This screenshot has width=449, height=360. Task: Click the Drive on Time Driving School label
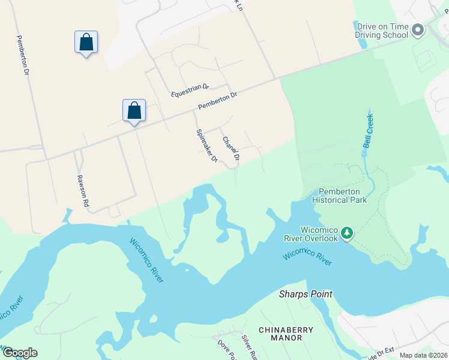pyautogui.click(x=382, y=31)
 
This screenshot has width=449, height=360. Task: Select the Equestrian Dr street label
pyautogui.click(x=189, y=90)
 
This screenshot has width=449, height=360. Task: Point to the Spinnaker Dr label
pyautogui.click(x=206, y=146)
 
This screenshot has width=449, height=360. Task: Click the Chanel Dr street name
pyautogui.click(x=231, y=149)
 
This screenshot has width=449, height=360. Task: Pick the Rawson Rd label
pyautogui.click(x=82, y=191)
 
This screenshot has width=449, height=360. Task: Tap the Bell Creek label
pyautogui.click(x=368, y=131)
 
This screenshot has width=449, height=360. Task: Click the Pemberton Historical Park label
pyautogui.click(x=340, y=196)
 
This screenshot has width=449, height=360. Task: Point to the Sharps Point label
pyautogui.click(x=306, y=294)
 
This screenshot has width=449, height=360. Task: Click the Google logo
pyautogui.click(x=20, y=353)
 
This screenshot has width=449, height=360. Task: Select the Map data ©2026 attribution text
pyautogui.click(x=423, y=355)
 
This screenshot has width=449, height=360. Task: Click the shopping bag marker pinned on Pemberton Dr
pyautogui.click(x=134, y=111)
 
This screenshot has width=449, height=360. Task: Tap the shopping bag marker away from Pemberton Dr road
pyautogui.click(x=86, y=43)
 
